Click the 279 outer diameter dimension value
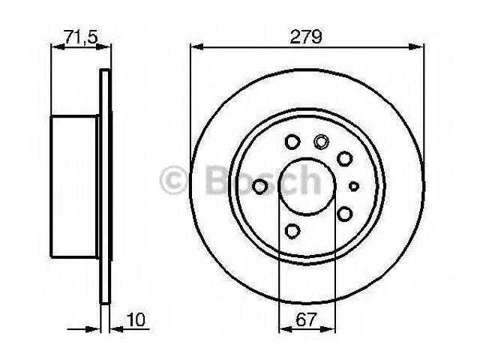[308, 35]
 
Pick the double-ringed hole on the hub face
[322, 141]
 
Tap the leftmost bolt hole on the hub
[260, 186]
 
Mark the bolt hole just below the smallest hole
[345, 214]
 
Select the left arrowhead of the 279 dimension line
[193, 47]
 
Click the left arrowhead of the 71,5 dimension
[53, 47]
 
